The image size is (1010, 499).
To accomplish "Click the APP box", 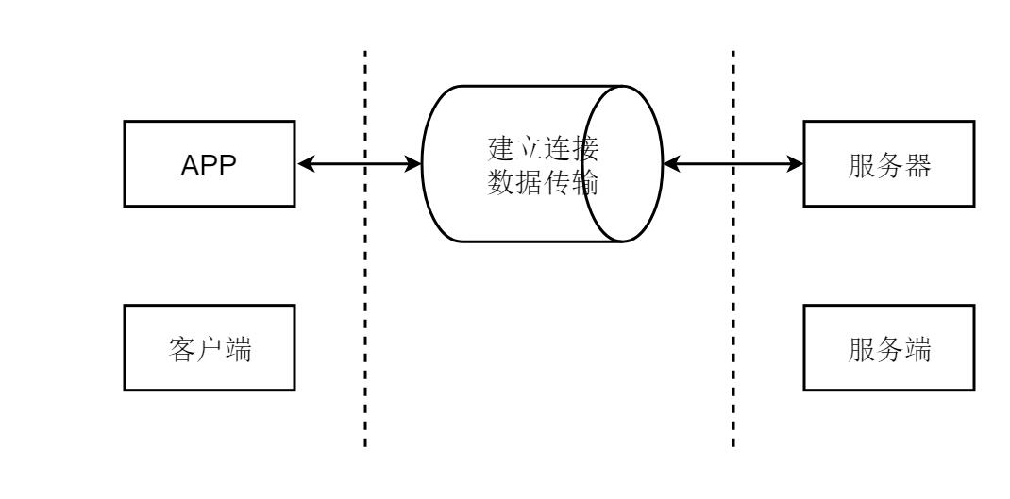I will pyautogui.click(x=209, y=164).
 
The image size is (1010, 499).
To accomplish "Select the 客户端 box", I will pyautogui.click(x=209, y=348).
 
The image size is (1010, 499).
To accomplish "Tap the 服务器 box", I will pyautogui.click(x=888, y=164).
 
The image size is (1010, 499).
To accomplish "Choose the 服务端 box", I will pyautogui.click(x=888, y=348).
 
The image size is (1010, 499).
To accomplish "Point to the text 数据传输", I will pyautogui.click(x=542, y=181).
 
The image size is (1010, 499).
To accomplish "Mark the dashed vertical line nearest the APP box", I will pyautogui.click(x=364, y=283).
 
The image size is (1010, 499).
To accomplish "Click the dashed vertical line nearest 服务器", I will pyautogui.click(x=733, y=283).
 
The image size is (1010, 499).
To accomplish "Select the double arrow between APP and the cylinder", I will pyautogui.click(x=359, y=164).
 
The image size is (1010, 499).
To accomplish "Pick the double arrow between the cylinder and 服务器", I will pyautogui.click(x=732, y=164).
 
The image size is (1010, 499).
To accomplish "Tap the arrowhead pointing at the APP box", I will pyautogui.click(x=304, y=164).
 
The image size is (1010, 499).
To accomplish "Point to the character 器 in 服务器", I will pyautogui.click(x=917, y=164).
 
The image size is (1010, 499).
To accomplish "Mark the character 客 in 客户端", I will pyautogui.click(x=181, y=348).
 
